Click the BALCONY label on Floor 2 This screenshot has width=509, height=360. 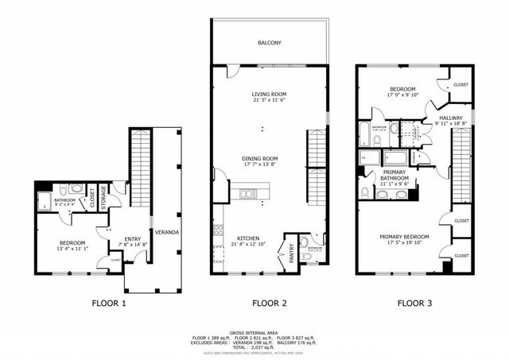[x=269, y=43]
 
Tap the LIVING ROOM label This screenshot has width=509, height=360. [x=269, y=94]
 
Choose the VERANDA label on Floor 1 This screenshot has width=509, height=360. [x=167, y=232]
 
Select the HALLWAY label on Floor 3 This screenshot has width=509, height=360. [x=452, y=117]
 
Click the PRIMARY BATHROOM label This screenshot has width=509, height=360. [x=395, y=175]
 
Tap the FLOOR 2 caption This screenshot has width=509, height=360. [x=270, y=303]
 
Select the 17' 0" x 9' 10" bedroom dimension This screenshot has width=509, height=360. [x=402, y=95]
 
